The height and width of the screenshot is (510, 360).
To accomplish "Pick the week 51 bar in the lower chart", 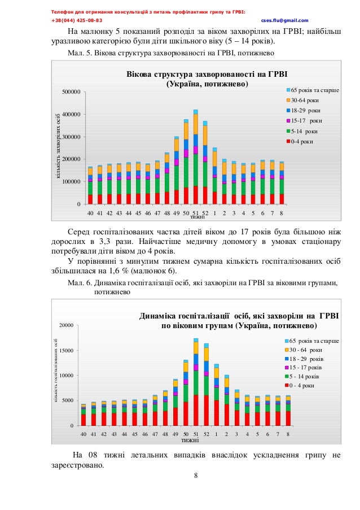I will [196, 384].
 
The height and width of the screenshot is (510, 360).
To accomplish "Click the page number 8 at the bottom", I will [196, 475].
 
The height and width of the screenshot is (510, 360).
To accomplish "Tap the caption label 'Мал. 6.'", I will [78, 283].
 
